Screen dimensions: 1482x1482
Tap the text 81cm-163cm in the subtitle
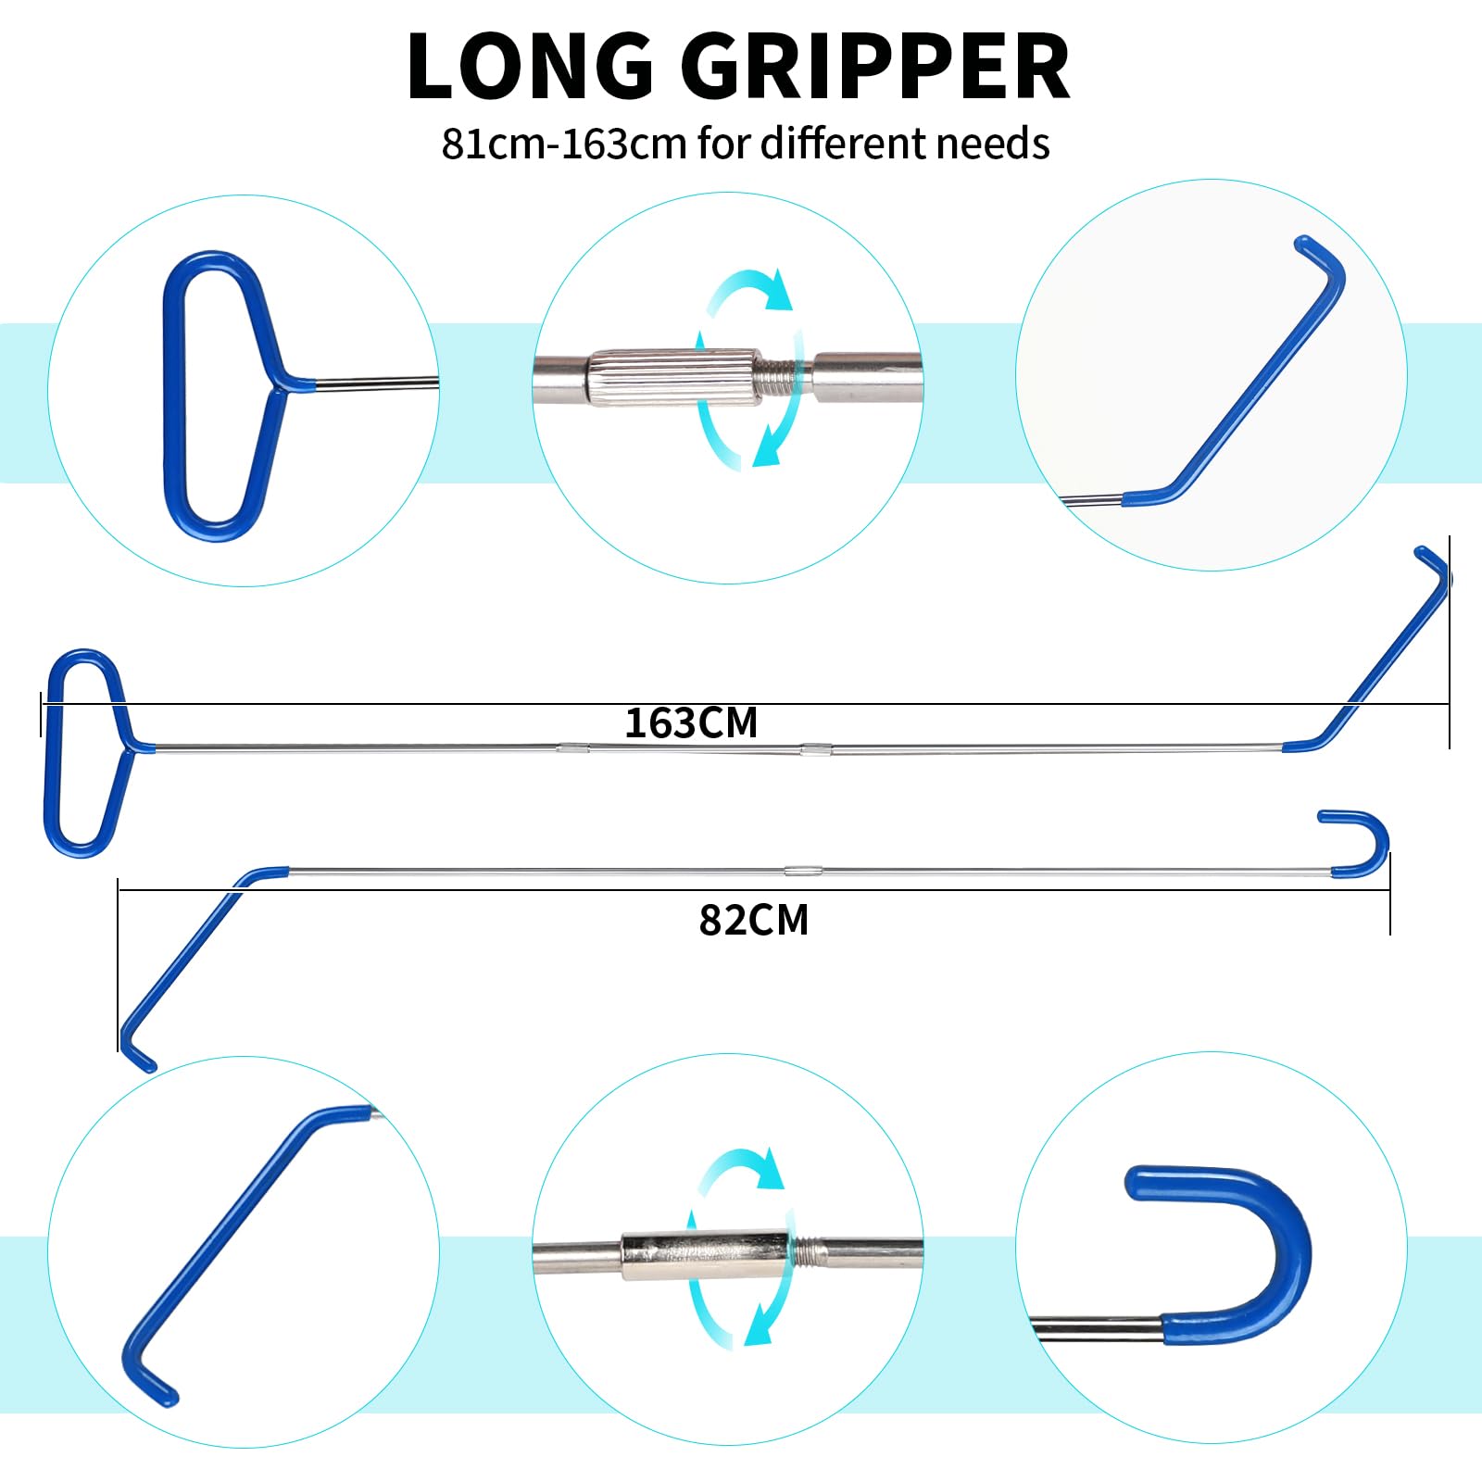tap(563, 144)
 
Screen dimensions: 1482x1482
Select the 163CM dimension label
tap(691, 723)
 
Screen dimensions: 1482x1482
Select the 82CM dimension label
tap(754, 921)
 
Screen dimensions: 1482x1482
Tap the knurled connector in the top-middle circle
tap(675, 377)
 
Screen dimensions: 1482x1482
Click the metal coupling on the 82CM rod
tap(803, 871)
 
